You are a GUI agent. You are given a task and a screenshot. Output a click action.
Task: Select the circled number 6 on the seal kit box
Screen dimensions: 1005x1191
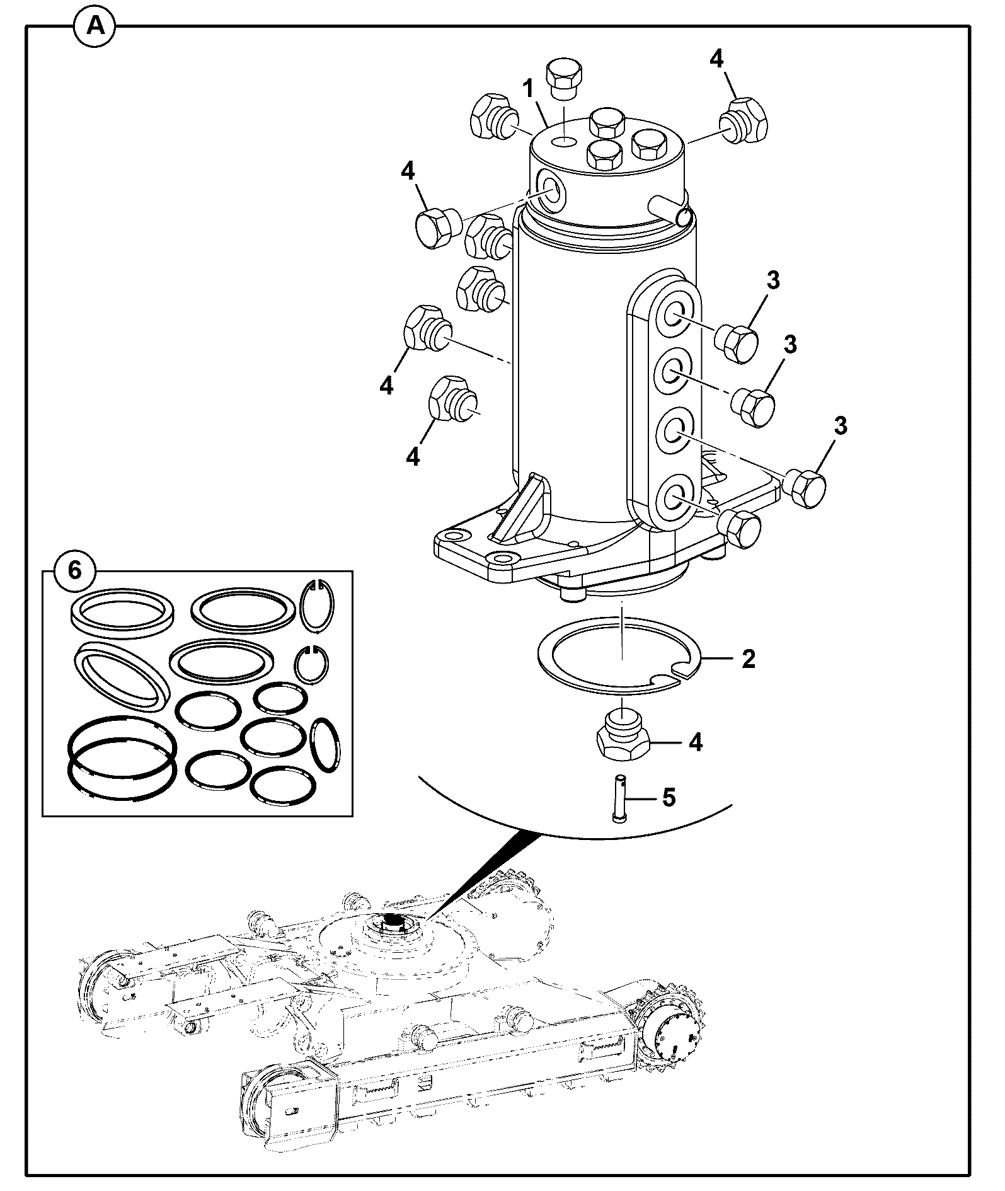coord(74,571)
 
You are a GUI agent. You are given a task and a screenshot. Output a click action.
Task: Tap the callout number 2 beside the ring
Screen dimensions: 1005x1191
coord(748,659)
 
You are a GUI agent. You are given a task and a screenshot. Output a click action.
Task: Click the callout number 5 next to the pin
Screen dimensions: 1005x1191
coord(669,798)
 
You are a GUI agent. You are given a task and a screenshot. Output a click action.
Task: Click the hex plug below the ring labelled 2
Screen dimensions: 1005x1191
coord(623,737)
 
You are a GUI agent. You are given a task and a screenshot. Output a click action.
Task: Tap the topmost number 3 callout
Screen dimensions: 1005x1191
coord(773,280)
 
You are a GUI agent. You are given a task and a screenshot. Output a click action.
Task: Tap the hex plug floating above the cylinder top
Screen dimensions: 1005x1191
coord(564,78)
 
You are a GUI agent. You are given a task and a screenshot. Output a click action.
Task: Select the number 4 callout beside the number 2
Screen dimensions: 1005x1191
coord(695,742)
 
